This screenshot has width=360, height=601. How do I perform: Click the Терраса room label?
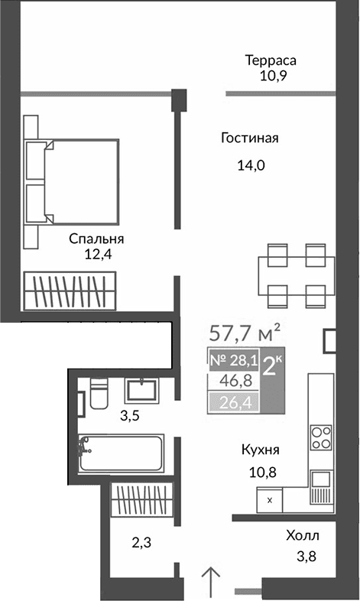[x=270, y=60]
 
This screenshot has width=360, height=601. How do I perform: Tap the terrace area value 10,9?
[x=270, y=76]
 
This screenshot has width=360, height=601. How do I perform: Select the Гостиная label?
[x=249, y=138]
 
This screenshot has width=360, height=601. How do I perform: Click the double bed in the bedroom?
[x=73, y=182]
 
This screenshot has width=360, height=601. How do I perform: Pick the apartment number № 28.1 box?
[x=232, y=359]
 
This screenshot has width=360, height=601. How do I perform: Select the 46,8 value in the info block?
[x=232, y=381]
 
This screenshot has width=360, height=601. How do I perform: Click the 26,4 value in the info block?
[x=232, y=402]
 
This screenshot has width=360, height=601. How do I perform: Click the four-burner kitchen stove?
[x=321, y=440]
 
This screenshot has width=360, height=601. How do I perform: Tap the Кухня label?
[x=258, y=450]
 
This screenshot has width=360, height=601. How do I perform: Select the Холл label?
[x=303, y=536]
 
